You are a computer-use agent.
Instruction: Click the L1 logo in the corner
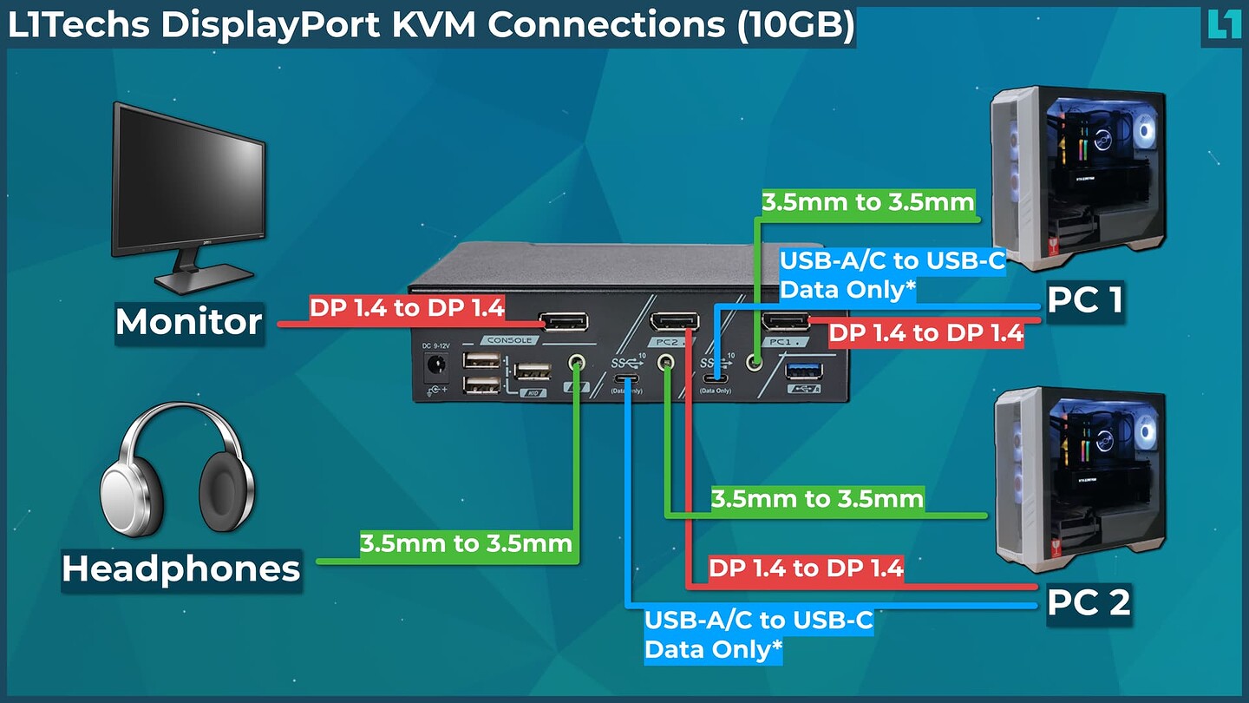coord(1224,23)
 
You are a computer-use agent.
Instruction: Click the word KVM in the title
coord(435,25)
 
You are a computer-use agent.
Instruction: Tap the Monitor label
coord(189,322)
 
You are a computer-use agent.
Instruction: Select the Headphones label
coord(181,569)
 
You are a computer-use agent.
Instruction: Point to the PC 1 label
coord(1086,301)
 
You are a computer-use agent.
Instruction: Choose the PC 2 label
coord(1089,602)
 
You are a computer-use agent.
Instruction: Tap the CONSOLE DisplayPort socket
coord(563,322)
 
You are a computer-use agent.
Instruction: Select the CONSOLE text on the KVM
coord(509,341)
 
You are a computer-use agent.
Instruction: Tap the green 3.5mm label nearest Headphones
coord(467,544)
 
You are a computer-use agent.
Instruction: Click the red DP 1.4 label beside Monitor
coord(407,308)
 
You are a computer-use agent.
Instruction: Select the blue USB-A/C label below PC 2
coord(758,634)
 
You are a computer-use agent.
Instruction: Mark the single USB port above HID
coord(530,371)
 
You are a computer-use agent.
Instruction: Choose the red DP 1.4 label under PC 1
coord(925,333)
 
